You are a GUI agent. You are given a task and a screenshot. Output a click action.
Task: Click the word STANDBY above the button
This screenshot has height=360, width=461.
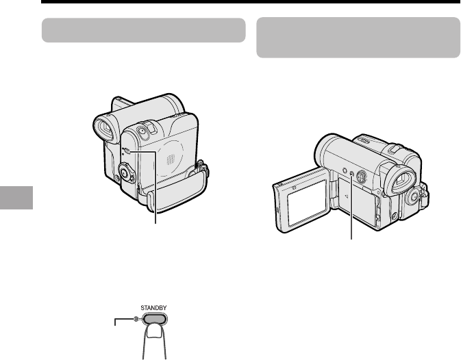coord(153,308)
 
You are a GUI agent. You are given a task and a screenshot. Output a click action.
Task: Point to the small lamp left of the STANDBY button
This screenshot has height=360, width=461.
coord(136,319)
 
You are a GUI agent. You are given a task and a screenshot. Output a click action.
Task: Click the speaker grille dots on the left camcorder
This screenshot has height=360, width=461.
coord(171,159)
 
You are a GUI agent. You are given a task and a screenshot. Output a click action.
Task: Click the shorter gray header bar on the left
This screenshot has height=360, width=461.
coord(143,30)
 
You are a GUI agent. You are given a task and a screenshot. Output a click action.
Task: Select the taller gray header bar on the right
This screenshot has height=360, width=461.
coord(358,38)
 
